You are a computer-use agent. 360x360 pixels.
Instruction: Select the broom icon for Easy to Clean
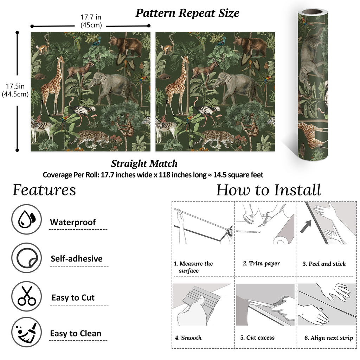pyautogui.click(x=27, y=332)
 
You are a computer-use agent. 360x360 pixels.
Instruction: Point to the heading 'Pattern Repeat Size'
pyautogui.click(x=187, y=13)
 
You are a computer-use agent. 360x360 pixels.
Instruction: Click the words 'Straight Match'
pyautogui.click(x=144, y=163)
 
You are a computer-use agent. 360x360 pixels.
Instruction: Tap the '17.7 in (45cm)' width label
pyautogui.click(x=91, y=21)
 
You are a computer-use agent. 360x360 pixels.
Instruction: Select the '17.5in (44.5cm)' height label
pyautogui.click(x=15, y=90)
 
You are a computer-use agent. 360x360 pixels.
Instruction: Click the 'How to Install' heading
pyautogui.click(x=269, y=190)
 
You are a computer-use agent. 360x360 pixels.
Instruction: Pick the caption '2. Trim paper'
pyautogui.click(x=261, y=263)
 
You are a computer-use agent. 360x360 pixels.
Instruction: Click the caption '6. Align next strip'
pyautogui.click(x=329, y=338)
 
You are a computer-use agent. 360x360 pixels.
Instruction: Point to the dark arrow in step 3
pyautogui.click(x=307, y=226)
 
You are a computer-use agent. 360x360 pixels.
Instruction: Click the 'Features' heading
pyautogui.click(x=44, y=190)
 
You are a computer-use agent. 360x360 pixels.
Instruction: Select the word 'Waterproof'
pyautogui.click(x=73, y=222)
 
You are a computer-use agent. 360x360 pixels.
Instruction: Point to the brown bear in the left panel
pyautogui.click(x=126, y=45)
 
